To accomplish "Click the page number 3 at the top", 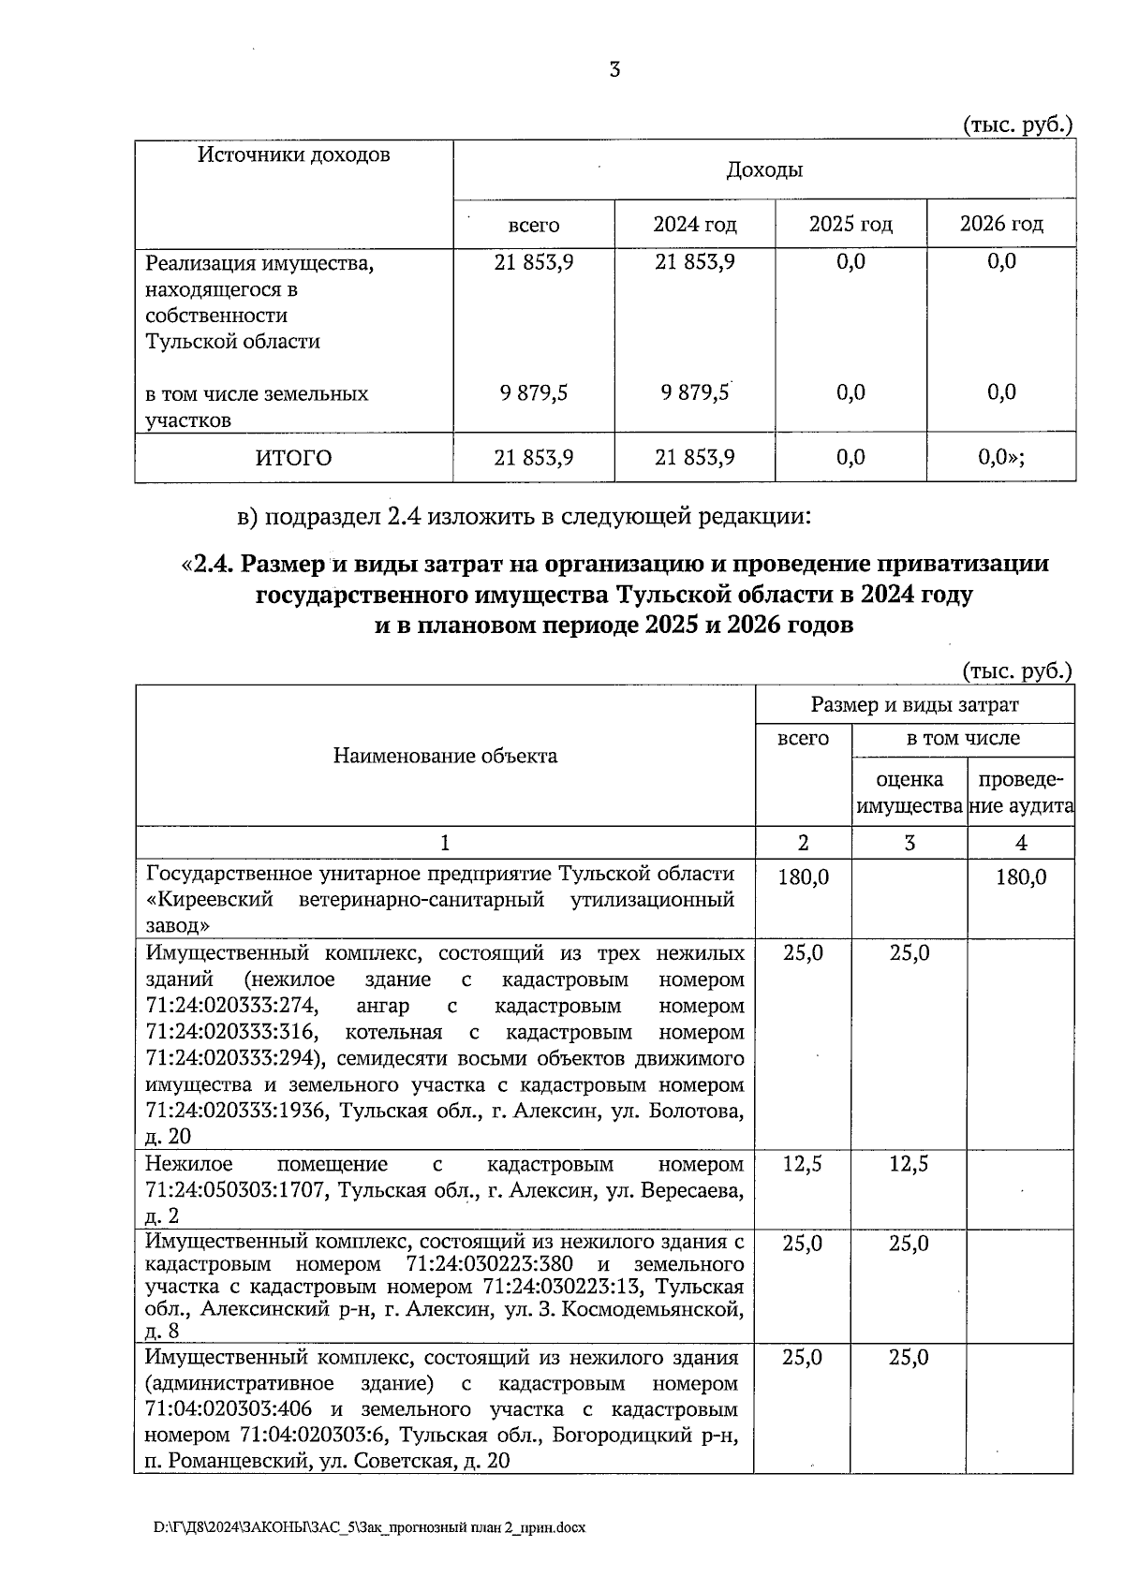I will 614,69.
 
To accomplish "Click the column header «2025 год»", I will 850,225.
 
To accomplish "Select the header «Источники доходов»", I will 293,155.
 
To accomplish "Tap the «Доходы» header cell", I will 764,170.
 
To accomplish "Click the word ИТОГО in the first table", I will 293,458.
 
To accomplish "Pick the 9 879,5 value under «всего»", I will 533,393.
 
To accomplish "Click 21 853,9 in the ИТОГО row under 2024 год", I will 694,458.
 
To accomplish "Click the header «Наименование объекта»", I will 445,756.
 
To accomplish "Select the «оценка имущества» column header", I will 909,792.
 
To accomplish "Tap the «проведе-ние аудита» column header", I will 1021,792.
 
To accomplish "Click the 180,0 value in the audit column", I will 1021,877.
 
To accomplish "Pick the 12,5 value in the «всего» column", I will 802,1164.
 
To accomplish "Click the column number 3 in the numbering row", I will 909,843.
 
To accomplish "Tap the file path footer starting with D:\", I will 369,1527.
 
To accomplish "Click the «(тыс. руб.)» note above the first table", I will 1017,125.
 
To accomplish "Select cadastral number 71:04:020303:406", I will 229,1409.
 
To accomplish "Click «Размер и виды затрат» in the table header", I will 914,705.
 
